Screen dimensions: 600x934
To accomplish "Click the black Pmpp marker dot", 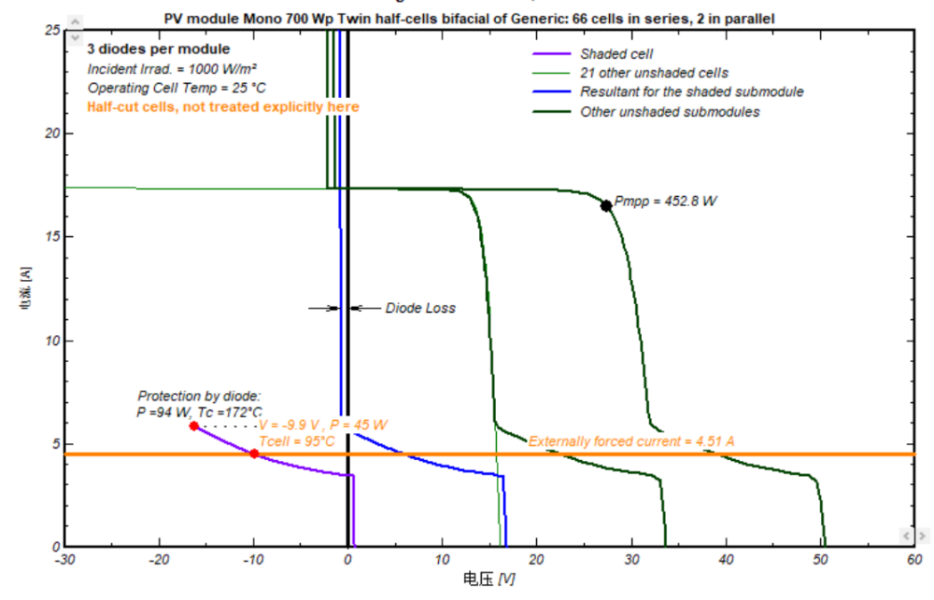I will click(x=606, y=205).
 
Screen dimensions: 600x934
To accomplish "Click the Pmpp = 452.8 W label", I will click(x=666, y=201).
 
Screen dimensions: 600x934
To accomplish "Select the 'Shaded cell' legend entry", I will click(x=616, y=54).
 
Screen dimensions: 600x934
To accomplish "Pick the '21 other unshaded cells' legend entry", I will click(x=654, y=73).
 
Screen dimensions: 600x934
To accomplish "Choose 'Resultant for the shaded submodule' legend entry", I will click(x=691, y=91).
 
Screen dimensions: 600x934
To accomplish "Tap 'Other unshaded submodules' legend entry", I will click(x=670, y=112).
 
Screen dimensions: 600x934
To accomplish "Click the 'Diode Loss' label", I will click(x=420, y=308).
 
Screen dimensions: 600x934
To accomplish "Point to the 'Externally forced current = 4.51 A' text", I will click(x=631, y=440).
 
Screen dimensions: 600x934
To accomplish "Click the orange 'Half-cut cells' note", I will click(x=223, y=107).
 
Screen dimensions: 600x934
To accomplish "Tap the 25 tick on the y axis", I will click(x=51, y=30).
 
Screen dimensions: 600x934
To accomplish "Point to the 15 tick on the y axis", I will click(x=51, y=237).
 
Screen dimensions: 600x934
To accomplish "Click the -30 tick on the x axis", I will click(x=64, y=560).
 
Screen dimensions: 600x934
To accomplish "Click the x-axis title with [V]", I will click(x=488, y=579).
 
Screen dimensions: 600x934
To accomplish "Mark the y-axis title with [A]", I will click(x=30, y=288).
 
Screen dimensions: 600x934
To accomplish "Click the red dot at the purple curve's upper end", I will click(x=194, y=426).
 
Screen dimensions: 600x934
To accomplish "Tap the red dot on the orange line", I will click(x=254, y=453).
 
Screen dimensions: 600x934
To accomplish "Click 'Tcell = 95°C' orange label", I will click(x=296, y=440).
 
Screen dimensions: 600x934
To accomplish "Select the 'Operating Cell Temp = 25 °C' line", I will click(x=177, y=88).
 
